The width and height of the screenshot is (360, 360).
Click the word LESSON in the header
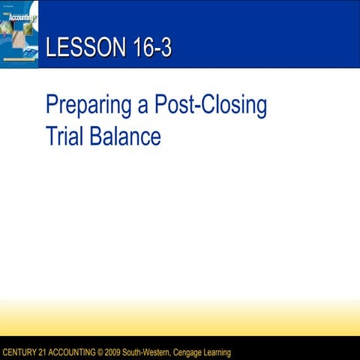tap(79, 49)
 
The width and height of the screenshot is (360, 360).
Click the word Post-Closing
tap(211, 106)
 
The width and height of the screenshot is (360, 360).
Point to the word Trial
tap(64, 137)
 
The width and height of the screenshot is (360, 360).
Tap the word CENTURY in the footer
tap(20, 352)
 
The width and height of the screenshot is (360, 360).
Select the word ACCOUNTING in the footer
tap(79, 352)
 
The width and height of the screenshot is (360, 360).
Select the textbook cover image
tap(19, 34)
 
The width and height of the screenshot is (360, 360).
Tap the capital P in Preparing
tap(52, 106)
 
